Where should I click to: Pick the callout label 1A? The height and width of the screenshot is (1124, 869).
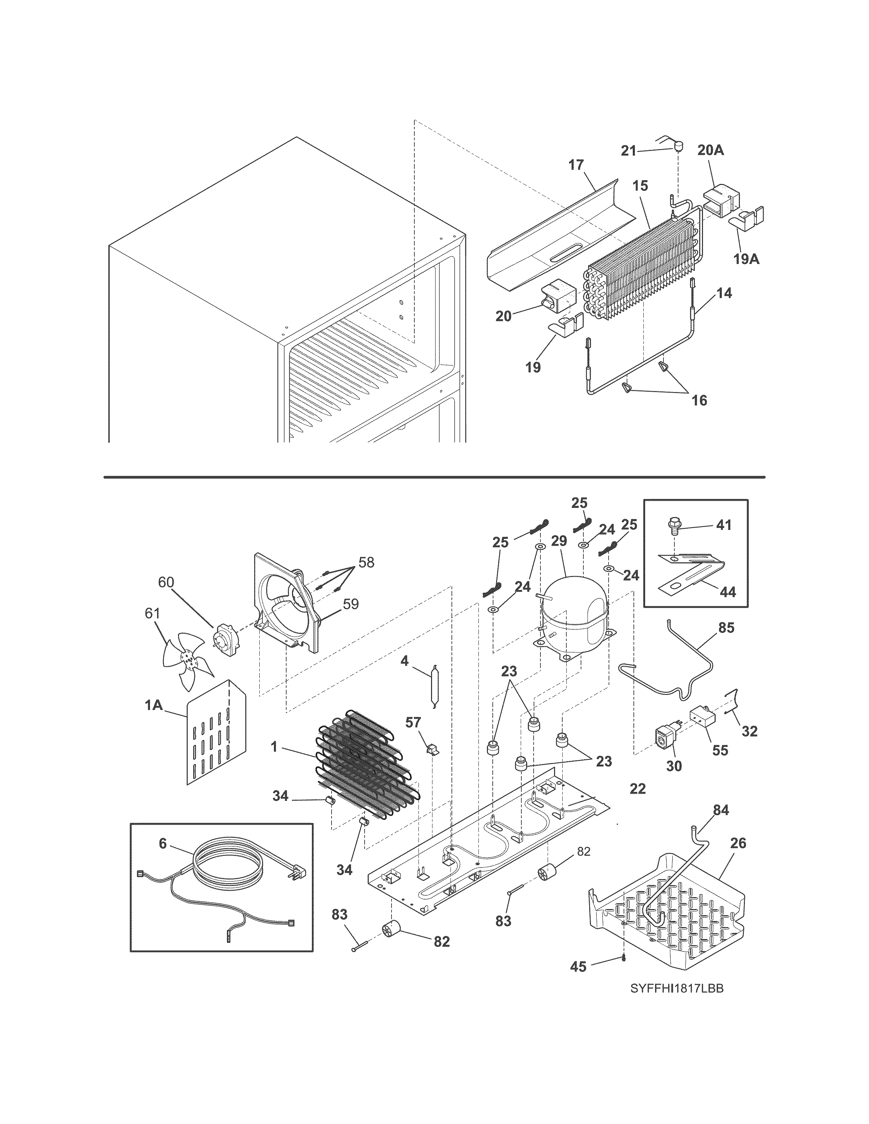(153, 705)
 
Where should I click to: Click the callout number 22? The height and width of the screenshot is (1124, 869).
(637, 789)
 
